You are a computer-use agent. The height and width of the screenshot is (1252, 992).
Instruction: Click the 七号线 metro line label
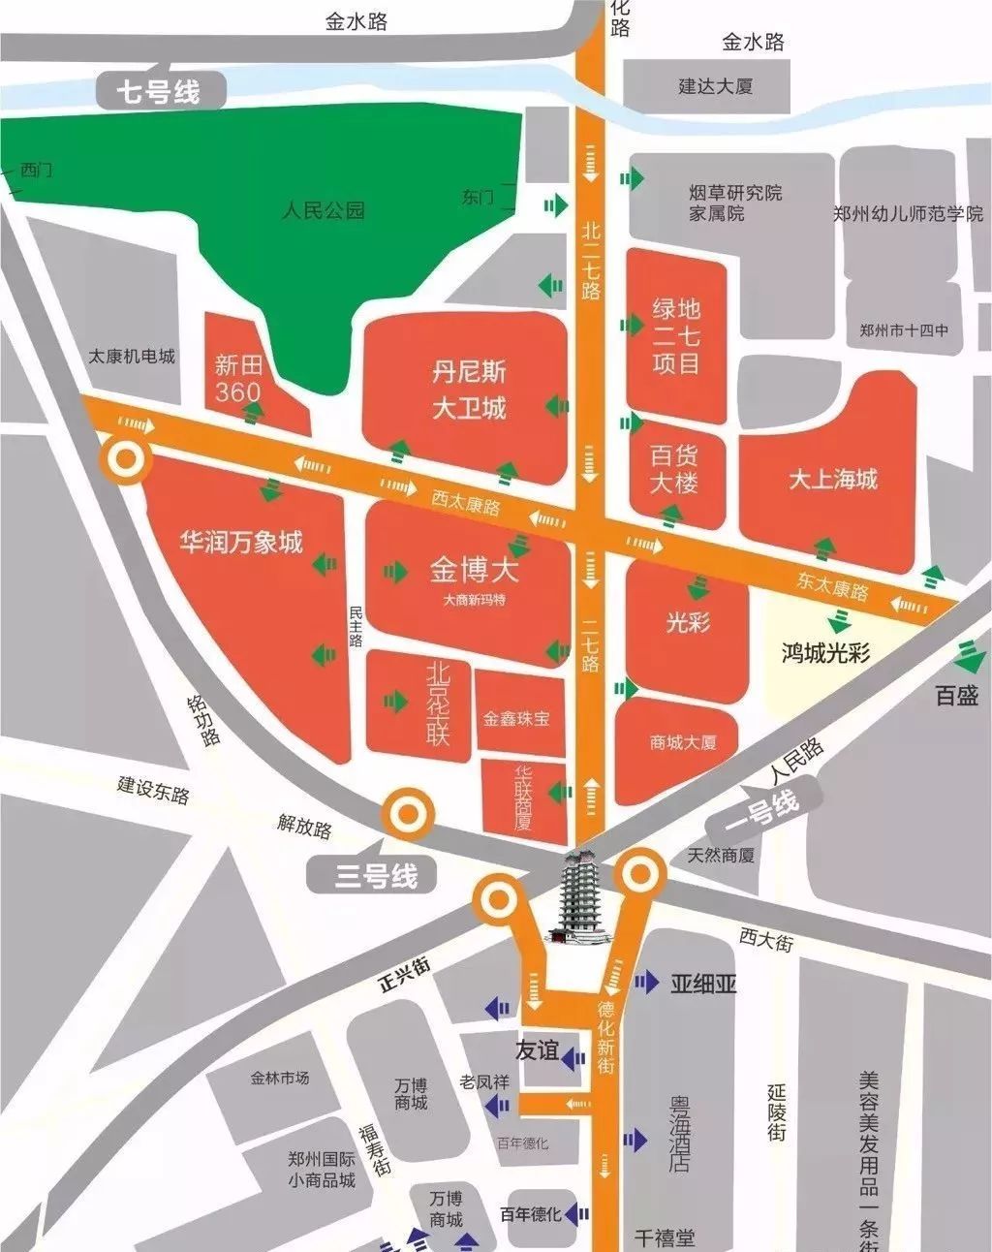(160, 92)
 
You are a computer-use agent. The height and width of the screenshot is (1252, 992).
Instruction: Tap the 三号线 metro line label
(377, 876)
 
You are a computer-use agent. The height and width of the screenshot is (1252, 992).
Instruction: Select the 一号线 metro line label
(762, 810)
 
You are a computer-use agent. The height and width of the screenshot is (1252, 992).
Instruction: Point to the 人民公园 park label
(324, 209)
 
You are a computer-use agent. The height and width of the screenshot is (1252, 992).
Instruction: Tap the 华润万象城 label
(241, 542)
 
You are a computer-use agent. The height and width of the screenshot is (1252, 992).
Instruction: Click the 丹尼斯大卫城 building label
(469, 390)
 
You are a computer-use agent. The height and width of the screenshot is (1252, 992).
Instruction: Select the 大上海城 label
(832, 479)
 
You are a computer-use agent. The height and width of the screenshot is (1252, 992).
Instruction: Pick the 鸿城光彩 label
(825, 652)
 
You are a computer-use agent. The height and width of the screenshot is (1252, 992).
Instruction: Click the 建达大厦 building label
(715, 86)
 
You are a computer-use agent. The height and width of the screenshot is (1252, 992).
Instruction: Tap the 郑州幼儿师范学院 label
(908, 213)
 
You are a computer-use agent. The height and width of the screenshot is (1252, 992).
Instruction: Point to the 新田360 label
(238, 378)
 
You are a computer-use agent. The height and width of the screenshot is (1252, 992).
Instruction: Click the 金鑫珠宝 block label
(516, 718)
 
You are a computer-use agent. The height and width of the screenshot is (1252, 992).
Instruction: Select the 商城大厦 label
(683, 742)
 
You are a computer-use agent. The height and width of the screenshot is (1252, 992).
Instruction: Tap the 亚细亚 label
(703, 984)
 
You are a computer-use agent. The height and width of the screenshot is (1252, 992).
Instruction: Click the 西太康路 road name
(465, 503)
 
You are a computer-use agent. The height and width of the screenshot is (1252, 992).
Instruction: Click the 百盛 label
(956, 695)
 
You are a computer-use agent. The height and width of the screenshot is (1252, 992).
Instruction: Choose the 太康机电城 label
(132, 356)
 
